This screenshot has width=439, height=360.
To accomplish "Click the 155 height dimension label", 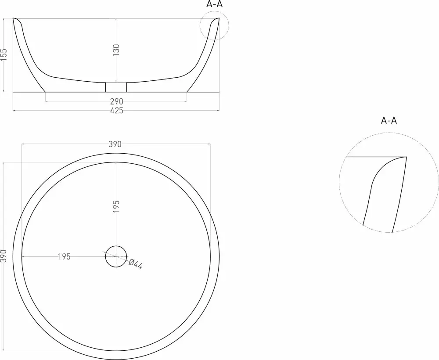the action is pos(4,54).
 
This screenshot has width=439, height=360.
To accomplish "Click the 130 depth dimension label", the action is pos(116,50).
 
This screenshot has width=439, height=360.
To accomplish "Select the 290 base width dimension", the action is pos(116,101).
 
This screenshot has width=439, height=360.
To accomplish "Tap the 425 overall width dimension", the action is pos(116,111).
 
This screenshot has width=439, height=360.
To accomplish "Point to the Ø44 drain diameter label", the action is pos(136,264).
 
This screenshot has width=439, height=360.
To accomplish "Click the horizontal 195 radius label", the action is pos(64,256).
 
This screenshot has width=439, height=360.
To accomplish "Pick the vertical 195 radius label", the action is pos(116,206).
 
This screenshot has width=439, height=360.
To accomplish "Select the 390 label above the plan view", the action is pos(115,144).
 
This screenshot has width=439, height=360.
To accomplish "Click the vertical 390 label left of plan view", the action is pos(4,256).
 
